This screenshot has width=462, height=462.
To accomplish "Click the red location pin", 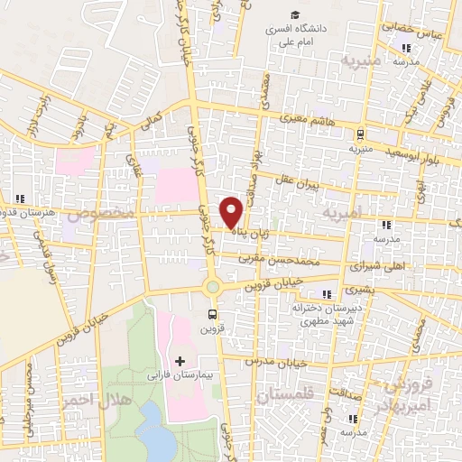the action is tap(232, 211).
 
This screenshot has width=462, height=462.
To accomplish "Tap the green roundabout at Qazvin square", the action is tap(213, 288).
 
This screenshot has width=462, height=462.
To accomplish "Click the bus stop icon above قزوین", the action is tap(213, 314).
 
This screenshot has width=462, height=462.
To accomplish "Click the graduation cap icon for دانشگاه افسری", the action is tap(295, 14).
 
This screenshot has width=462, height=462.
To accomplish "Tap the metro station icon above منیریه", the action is tap(361, 133).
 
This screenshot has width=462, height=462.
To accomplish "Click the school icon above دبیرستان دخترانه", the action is tap(327, 294).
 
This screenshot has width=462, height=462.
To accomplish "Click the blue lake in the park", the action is tap(158, 431).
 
